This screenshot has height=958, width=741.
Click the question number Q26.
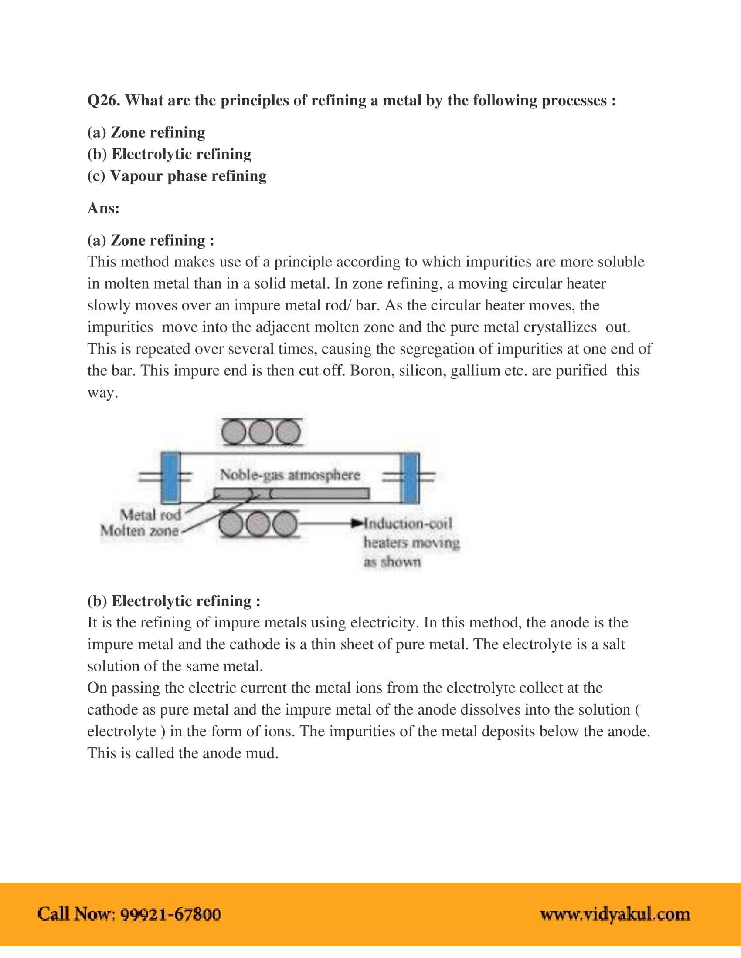[x=104, y=101]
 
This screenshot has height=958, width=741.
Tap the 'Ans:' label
[x=103, y=208]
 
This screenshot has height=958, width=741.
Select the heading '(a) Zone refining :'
[x=150, y=240]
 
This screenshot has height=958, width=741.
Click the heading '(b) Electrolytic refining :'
[x=173, y=601]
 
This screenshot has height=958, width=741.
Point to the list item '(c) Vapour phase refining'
[x=177, y=176]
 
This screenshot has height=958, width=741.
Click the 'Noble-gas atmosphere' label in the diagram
[x=290, y=475]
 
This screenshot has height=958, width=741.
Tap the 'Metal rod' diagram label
[x=150, y=515]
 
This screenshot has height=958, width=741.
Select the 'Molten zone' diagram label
[x=139, y=531]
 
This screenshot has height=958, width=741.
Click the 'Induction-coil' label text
[x=408, y=523]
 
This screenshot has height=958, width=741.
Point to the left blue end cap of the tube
[x=170, y=477]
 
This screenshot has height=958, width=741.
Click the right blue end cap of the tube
[x=410, y=477]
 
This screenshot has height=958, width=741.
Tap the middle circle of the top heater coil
[x=261, y=432]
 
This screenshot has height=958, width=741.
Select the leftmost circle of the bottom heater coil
[x=231, y=524]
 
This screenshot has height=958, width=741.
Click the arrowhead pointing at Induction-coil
[x=357, y=523]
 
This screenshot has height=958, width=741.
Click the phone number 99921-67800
[x=171, y=914]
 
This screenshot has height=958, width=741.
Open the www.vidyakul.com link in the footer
[x=615, y=914]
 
